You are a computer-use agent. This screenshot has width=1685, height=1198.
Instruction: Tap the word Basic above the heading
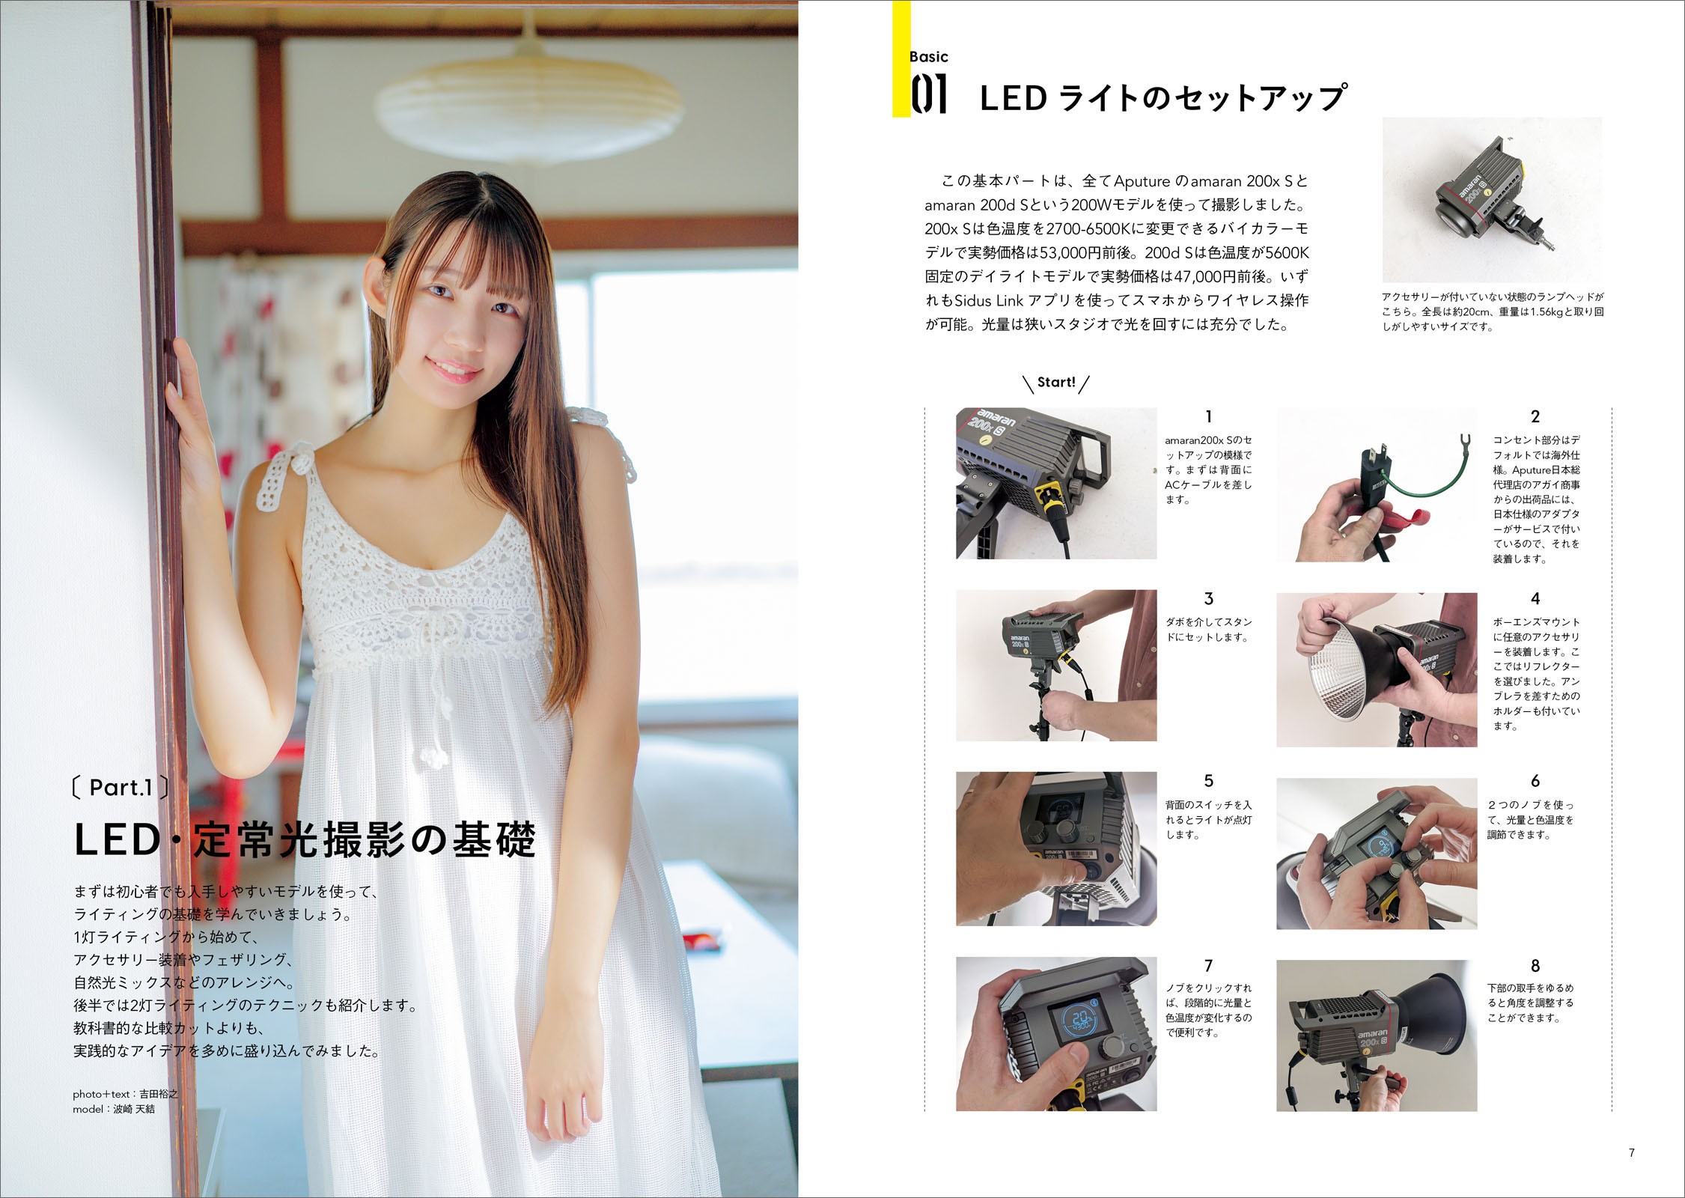pyautogui.click(x=929, y=57)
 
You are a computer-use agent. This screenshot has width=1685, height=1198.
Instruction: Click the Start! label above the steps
pyautogui.click(x=1056, y=383)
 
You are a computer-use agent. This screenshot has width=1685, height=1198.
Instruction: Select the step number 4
pyautogui.click(x=1535, y=599)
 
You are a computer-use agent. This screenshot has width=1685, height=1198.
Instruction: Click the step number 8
pyautogui.click(x=1535, y=966)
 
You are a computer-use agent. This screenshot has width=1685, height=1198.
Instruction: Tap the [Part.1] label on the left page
pyautogui.click(x=120, y=788)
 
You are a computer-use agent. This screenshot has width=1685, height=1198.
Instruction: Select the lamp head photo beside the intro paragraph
pyautogui.click(x=1491, y=201)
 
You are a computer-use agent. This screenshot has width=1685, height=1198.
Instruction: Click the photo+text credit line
pyautogui.click(x=126, y=1094)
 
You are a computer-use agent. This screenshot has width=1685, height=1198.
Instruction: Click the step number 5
pyautogui.click(x=1208, y=782)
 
